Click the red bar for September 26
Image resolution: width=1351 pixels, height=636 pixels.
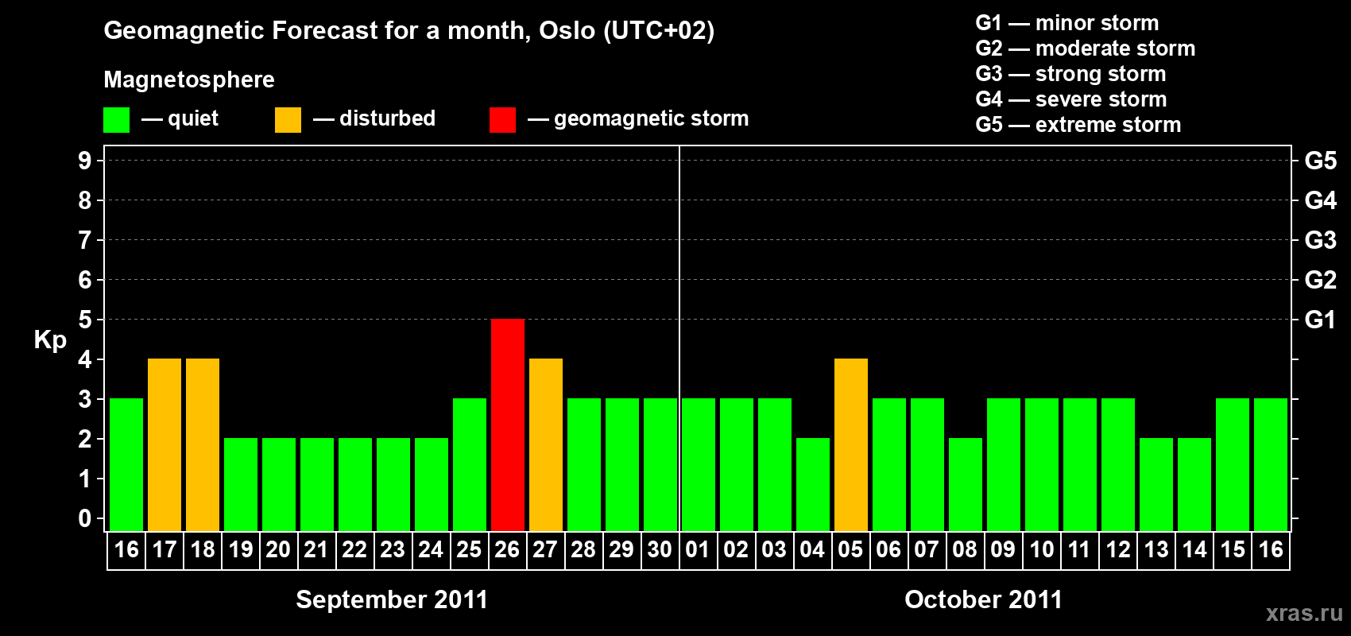pyautogui.click(x=508, y=425)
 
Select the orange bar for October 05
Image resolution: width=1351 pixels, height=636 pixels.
pyautogui.click(x=851, y=444)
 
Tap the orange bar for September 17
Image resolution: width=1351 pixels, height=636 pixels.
pyautogui.click(x=165, y=444)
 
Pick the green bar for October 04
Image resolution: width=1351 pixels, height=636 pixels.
pyautogui.click(x=813, y=484)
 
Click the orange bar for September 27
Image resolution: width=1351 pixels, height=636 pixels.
pyautogui.click(x=546, y=444)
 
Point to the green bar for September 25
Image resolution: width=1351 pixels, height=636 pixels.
pyautogui.click(x=470, y=464)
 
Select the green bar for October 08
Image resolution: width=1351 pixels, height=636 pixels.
pyautogui.click(x=966, y=484)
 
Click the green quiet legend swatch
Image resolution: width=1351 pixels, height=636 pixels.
pyautogui.click(x=116, y=119)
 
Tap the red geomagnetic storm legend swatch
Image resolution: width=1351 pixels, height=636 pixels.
pyautogui.click(x=503, y=119)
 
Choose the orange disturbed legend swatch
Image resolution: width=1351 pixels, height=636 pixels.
pyautogui.click(x=288, y=119)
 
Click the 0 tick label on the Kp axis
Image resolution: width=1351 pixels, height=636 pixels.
pyautogui.click(x=84, y=518)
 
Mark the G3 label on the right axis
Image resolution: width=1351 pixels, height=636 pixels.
pyautogui.click(x=1321, y=240)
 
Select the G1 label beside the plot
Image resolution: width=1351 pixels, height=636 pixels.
pyautogui.click(x=1320, y=320)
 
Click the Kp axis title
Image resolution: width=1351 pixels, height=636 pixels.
pyautogui.click(x=50, y=339)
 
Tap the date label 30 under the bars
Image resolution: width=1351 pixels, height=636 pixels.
pyautogui.click(x=660, y=549)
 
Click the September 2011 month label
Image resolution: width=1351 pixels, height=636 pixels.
pyautogui.click(x=392, y=599)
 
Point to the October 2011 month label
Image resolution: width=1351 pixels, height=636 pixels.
pyautogui.click(x=984, y=599)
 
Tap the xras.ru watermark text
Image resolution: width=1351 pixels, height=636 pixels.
pyautogui.click(x=1305, y=613)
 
